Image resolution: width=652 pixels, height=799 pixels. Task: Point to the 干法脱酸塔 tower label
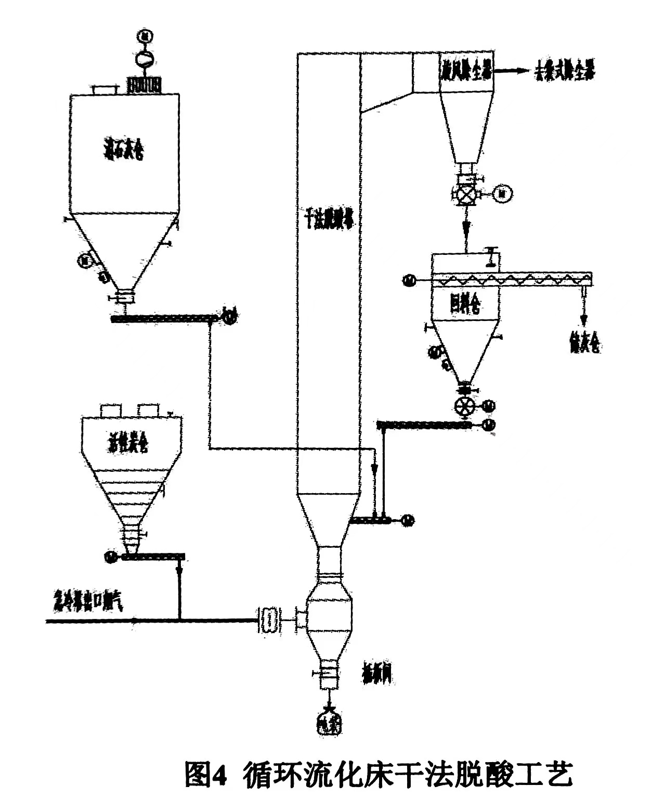point(328,223)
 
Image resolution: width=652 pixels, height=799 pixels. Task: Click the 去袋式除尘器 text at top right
point(564,72)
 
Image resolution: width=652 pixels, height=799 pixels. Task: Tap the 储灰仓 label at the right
point(584,343)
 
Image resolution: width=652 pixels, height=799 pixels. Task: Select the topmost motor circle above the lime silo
point(144,36)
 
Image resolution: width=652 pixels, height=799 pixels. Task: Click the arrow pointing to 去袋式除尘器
point(510,72)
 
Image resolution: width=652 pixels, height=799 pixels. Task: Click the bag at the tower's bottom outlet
point(329,723)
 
